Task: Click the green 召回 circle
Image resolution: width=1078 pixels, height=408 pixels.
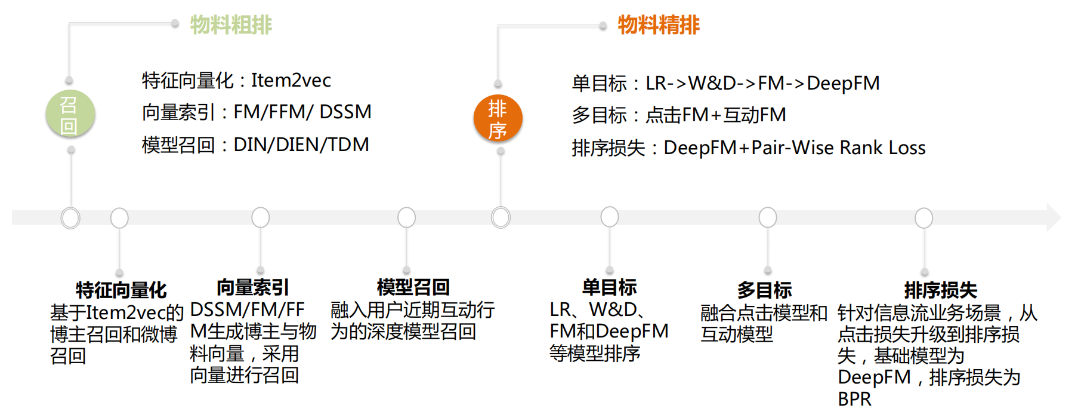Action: tap(70, 113)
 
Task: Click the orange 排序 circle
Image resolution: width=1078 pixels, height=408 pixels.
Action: tap(498, 118)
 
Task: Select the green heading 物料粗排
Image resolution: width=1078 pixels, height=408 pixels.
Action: tap(231, 24)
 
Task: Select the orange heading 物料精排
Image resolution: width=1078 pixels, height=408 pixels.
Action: tap(659, 24)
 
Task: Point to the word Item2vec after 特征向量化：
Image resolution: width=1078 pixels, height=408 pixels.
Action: tap(291, 80)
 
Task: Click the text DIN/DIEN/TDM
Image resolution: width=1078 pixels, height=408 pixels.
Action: tap(301, 145)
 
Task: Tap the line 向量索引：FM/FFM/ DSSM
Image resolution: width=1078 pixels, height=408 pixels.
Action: tap(257, 112)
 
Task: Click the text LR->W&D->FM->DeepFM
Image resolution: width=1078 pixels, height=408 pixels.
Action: tap(762, 83)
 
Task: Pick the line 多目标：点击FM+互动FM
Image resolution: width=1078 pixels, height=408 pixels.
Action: tap(679, 115)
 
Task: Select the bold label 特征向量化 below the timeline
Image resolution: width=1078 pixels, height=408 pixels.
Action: tap(121, 290)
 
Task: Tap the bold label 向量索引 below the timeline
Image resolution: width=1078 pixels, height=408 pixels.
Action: tap(253, 287)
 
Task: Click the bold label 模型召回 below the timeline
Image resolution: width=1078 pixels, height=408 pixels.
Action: tap(413, 287)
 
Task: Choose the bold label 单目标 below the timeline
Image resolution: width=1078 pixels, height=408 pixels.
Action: tap(609, 287)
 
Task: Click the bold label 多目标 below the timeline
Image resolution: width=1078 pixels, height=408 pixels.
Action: tap(764, 290)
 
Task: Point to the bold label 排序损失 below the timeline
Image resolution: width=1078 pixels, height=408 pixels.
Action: tap(941, 290)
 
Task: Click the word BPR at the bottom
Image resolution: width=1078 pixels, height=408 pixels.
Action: tap(854, 398)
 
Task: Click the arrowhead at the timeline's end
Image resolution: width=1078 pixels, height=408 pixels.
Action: tap(1054, 217)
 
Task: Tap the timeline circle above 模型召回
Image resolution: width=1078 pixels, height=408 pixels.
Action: tap(406, 217)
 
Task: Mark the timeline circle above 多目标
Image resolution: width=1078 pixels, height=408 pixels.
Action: tap(768, 217)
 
